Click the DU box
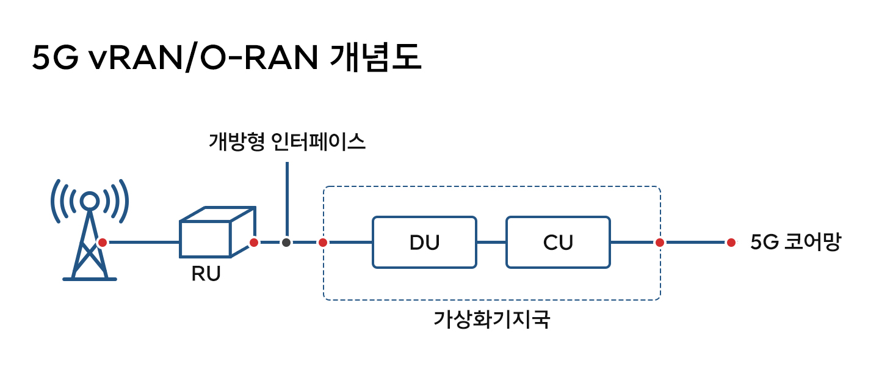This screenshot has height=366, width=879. tap(424, 242)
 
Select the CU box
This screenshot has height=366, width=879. tap(558, 242)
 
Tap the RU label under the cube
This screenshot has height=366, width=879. tap(206, 274)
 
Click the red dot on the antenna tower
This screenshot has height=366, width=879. tap(103, 243)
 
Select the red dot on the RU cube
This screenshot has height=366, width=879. tap(254, 243)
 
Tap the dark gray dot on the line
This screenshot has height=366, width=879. tap(286, 243)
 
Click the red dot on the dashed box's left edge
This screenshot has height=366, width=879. tap(323, 243)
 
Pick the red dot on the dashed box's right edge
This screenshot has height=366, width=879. tap(659, 243)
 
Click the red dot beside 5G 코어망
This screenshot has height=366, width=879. tap(731, 243)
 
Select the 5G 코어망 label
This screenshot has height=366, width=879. tap(795, 243)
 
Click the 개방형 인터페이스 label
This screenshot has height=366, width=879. tap(287, 142)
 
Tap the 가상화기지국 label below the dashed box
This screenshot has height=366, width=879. tap(491, 319)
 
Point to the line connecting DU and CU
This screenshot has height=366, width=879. tap(491, 243)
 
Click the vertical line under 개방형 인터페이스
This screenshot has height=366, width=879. tap(287, 199)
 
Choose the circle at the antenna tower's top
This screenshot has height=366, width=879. tap(90, 200)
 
